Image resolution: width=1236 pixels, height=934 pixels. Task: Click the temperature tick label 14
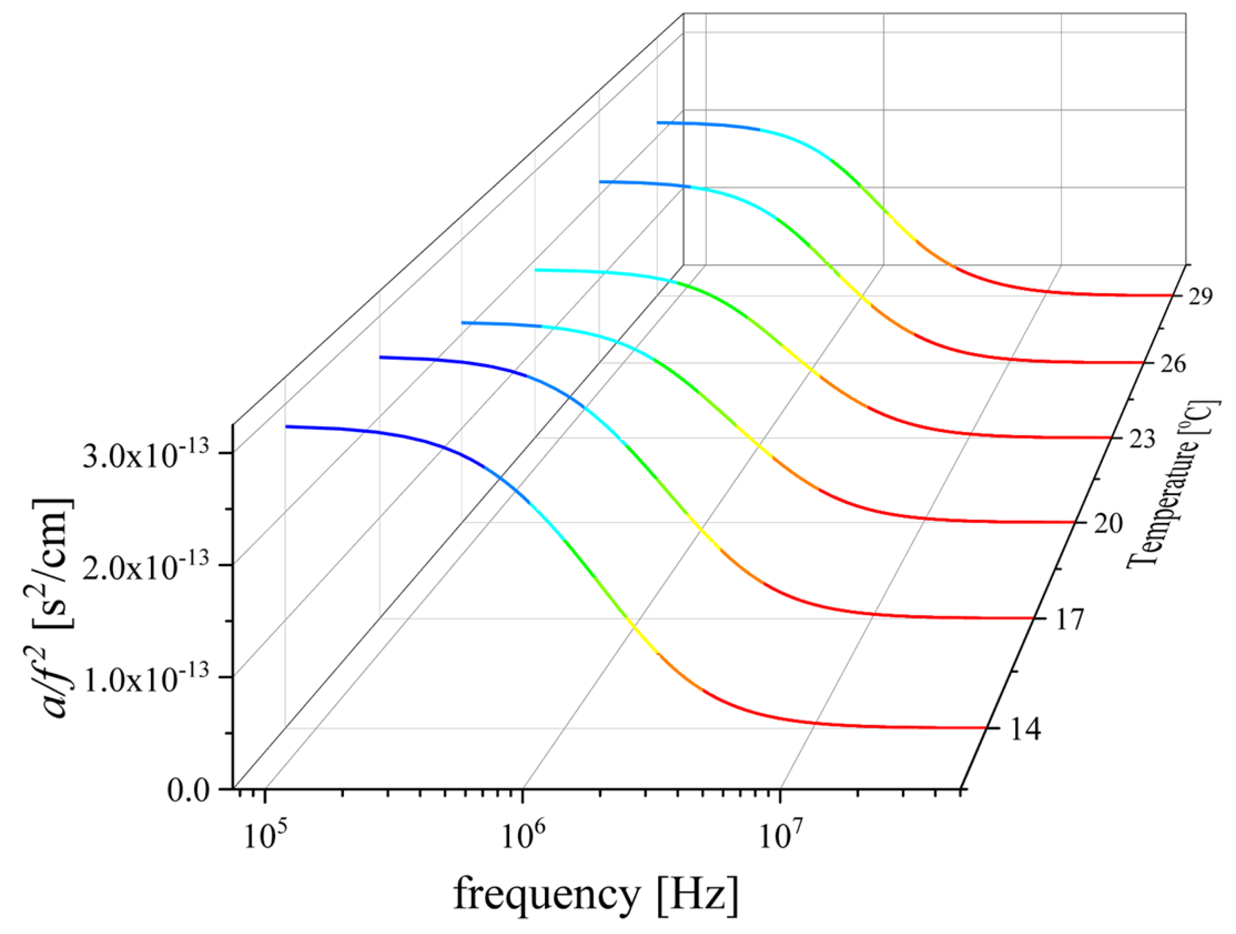(x=1024, y=730)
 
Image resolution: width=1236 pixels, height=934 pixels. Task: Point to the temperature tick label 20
(x=1107, y=524)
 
